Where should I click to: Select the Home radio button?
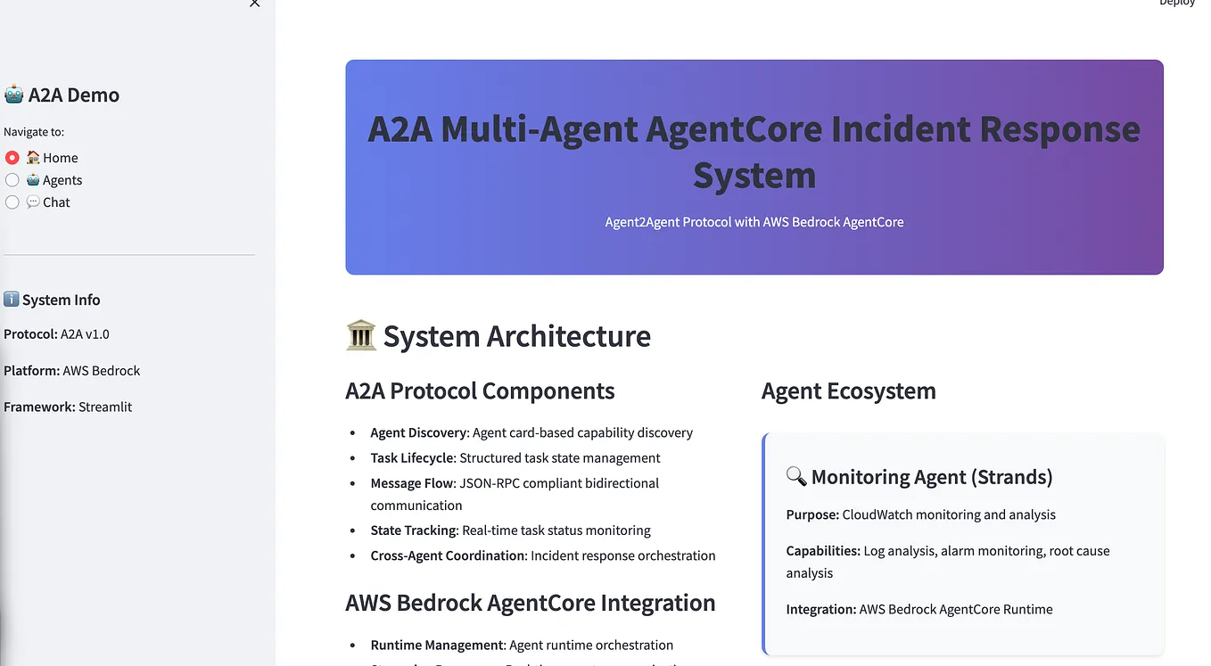coord(12,158)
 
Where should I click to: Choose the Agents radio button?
coord(12,180)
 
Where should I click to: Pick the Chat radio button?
coord(12,202)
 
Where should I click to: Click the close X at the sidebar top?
coord(254,4)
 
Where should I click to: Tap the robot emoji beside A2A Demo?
coord(13,95)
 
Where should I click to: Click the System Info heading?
coord(61,300)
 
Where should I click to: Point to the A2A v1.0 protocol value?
coord(85,334)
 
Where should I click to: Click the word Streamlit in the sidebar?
coord(105,407)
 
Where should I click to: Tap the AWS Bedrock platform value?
coord(102,371)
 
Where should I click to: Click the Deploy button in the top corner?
coord(1176,4)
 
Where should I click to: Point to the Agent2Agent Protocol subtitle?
coord(754,222)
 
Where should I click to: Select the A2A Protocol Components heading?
coord(480,391)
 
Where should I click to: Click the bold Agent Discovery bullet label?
coord(419,432)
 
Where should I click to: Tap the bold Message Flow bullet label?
coord(413,483)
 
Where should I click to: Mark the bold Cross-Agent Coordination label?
coord(448,555)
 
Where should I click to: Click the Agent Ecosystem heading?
coord(848,391)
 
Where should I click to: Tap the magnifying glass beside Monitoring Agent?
coord(795,477)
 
